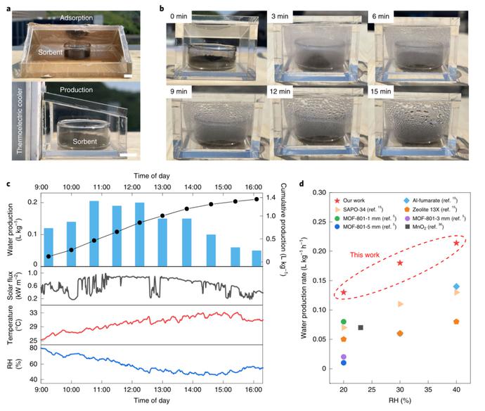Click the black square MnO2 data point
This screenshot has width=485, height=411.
tap(361, 327)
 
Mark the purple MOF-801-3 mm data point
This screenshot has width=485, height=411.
tap(343, 357)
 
